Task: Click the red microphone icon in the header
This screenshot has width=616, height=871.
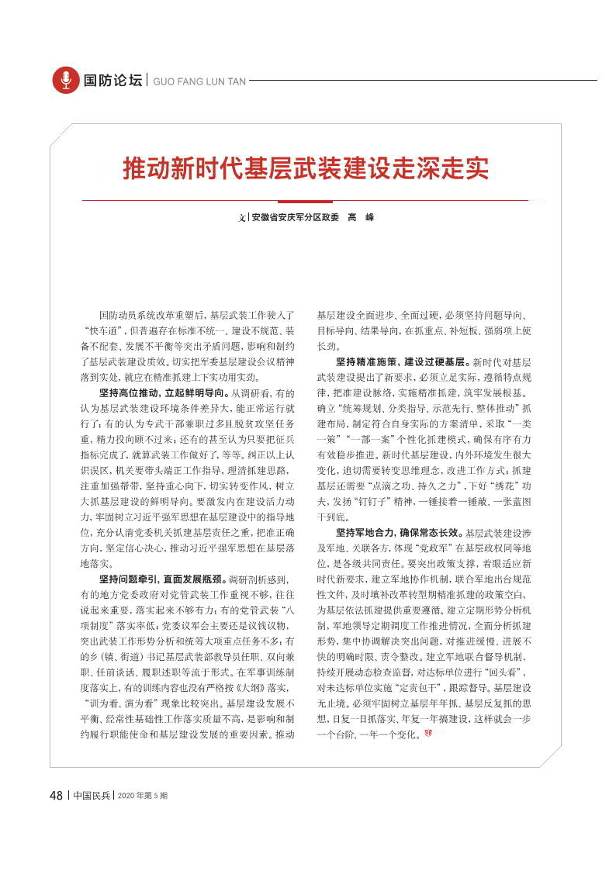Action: click(66, 80)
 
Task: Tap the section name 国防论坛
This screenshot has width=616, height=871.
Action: click(112, 80)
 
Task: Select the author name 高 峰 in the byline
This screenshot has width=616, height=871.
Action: click(361, 218)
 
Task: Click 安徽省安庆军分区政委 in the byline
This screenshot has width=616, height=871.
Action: click(296, 218)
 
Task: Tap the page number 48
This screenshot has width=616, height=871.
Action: click(56, 795)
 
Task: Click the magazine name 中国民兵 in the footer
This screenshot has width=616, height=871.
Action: click(92, 795)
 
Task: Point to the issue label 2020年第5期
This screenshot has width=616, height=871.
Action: click(143, 795)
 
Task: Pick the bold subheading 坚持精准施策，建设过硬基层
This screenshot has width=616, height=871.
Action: click(401, 362)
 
